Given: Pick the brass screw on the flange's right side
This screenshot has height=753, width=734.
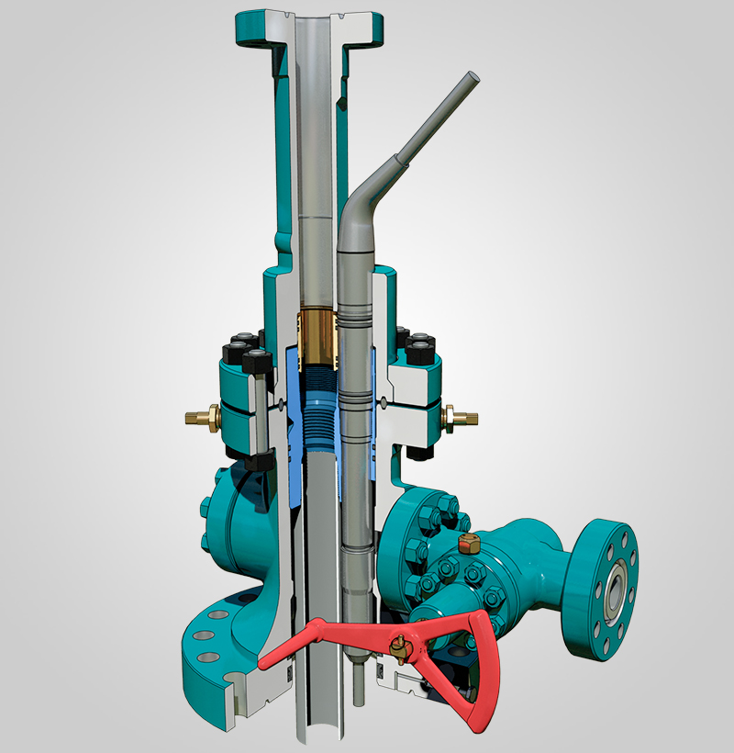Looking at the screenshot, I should [x=457, y=419].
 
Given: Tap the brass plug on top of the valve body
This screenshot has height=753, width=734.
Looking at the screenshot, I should [x=467, y=545].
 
